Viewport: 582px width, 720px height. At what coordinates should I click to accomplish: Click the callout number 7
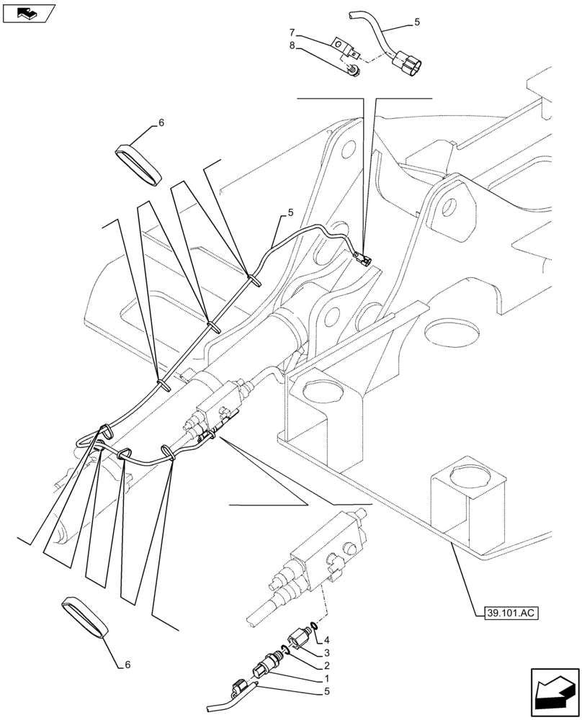click(x=292, y=32)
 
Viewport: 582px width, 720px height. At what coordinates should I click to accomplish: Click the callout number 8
click(x=292, y=45)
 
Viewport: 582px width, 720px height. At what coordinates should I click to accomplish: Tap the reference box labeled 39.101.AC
click(x=508, y=613)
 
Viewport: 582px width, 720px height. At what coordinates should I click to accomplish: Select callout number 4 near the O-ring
click(x=326, y=639)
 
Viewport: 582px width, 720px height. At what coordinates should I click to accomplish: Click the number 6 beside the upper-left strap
click(x=161, y=124)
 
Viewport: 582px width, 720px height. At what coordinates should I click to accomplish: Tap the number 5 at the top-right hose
click(x=416, y=23)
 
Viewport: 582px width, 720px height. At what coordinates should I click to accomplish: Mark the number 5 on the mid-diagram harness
click(x=290, y=213)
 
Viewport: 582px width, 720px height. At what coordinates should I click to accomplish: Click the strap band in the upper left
click(x=138, y=164)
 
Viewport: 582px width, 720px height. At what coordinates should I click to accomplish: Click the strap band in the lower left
click(x=84, y=616)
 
